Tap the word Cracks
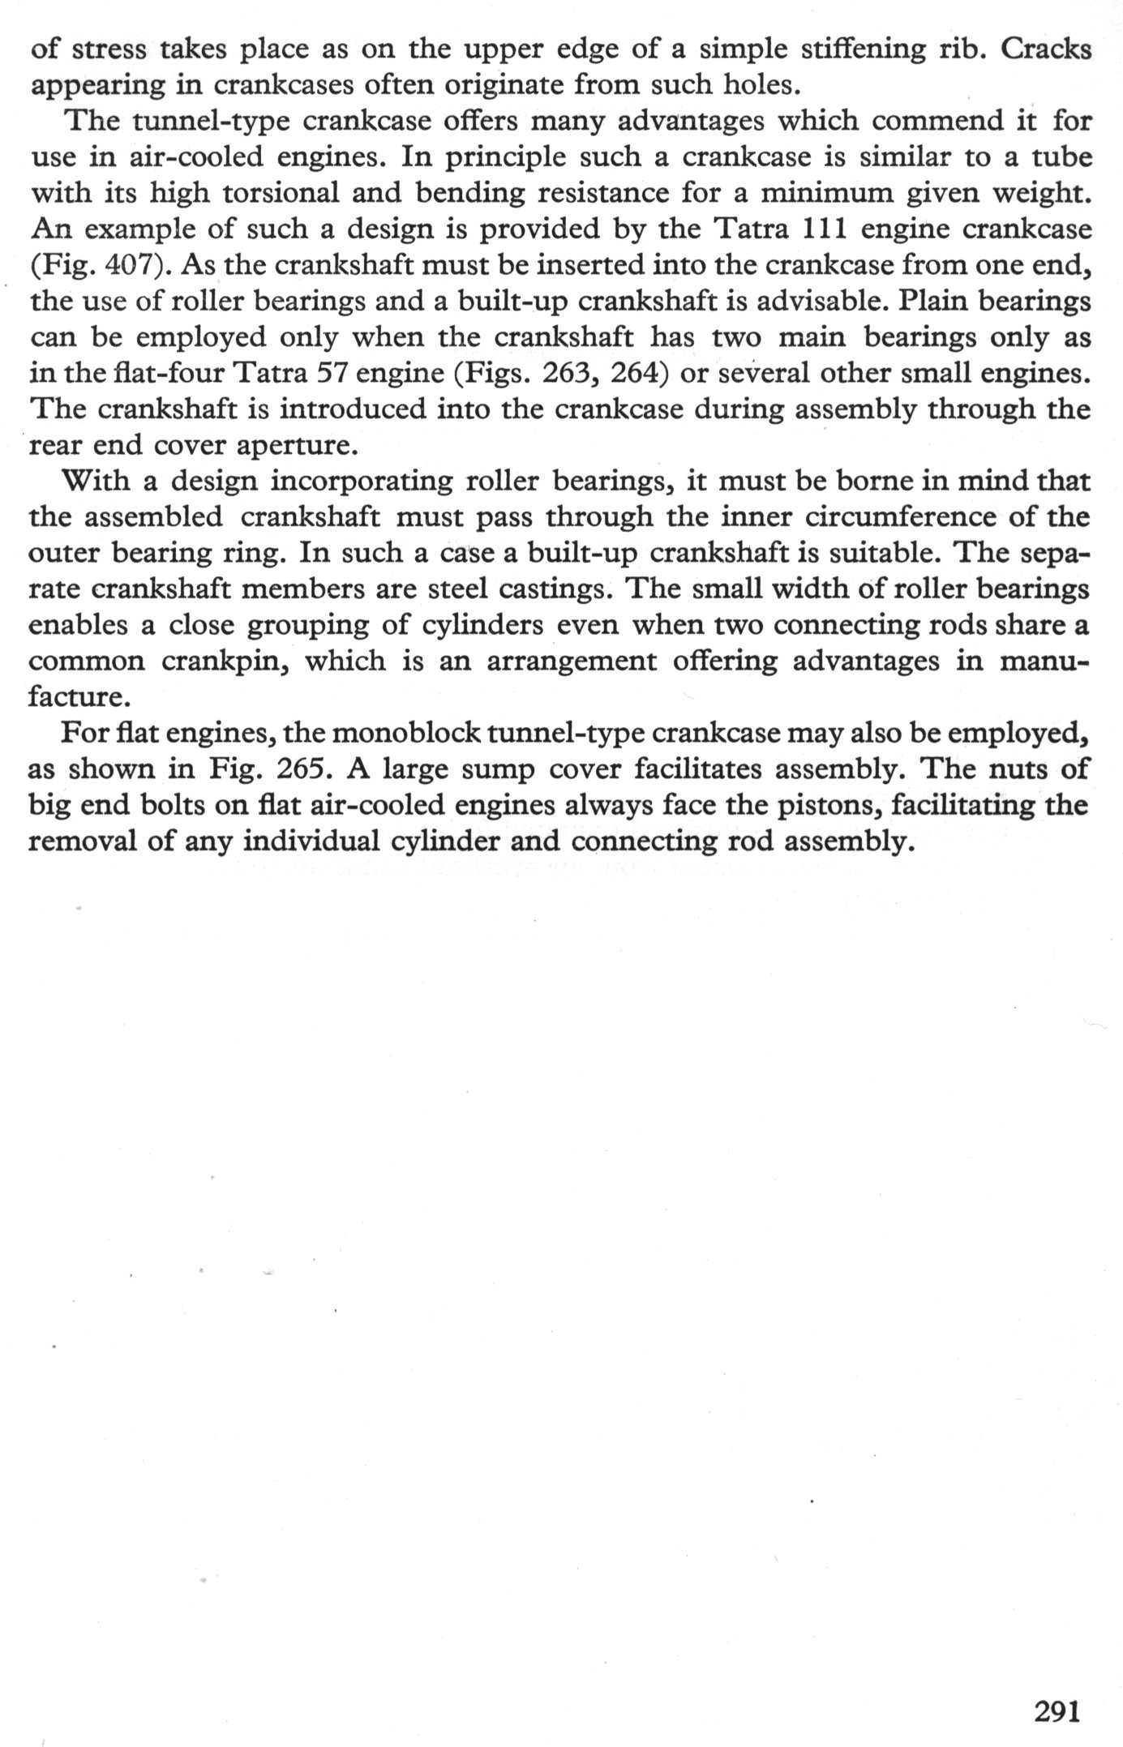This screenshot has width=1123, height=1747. tap(1046, 49)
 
